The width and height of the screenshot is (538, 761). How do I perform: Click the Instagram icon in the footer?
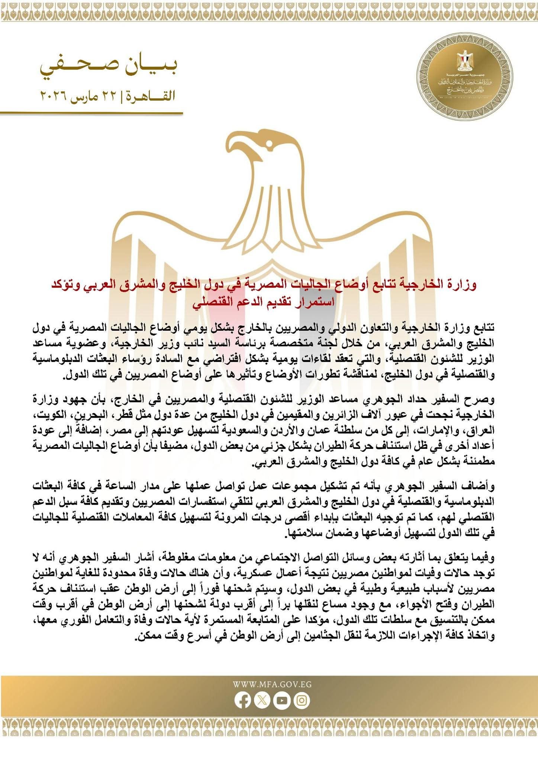pos(301,700)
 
